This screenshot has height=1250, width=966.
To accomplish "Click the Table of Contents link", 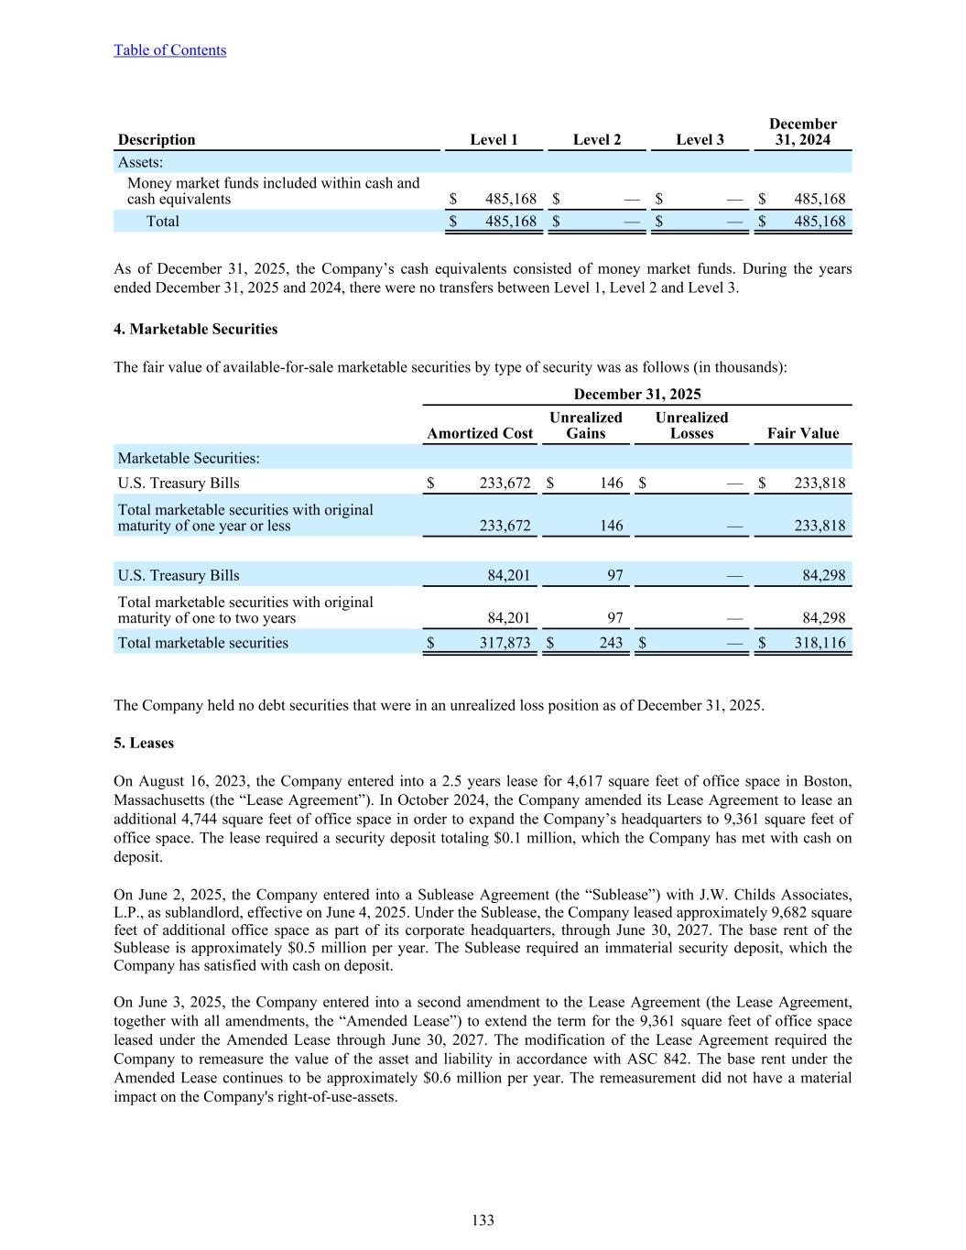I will tap(169, 50).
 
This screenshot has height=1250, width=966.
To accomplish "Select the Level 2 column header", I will tap(597, 139).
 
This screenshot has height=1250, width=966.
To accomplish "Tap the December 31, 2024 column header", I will tap(802, 132).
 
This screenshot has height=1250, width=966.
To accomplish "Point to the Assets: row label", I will tap(140, 162).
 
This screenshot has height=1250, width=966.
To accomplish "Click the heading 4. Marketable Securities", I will tap(195, 329).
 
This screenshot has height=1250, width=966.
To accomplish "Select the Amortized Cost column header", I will tap(480, 433).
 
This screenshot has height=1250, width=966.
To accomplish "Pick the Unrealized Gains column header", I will tap(585, 425).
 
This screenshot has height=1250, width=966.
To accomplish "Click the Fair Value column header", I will tap(802, 433).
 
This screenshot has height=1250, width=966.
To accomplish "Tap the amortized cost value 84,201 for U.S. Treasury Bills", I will tap(508, 575).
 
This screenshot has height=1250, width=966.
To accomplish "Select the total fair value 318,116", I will tap(819, 643).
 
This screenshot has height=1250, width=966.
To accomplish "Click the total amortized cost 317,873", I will tap(505, 643).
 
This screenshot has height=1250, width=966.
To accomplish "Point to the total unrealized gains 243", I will tap(611, 643).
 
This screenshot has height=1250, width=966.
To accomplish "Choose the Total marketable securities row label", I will tap(202, 643).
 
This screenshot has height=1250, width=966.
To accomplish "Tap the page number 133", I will tap(483, 1220).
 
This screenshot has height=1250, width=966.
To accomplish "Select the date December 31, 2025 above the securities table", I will tap(636, 394).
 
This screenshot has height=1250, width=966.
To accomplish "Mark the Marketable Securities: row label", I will tap(188, 458).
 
